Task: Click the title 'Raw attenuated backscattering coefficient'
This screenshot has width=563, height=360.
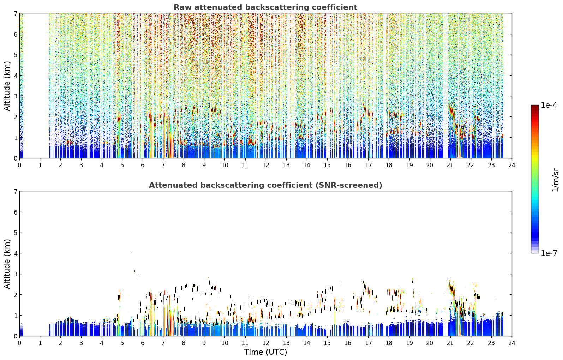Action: [265, 7]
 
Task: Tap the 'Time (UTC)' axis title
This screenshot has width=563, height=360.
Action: [265, 352]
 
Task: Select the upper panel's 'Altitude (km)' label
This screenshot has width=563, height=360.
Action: [7, 86]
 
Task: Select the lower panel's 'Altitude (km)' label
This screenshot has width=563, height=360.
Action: [7, 264]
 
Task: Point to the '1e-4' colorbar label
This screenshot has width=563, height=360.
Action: [549, 105]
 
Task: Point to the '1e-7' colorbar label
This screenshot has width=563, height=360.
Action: [549, 253]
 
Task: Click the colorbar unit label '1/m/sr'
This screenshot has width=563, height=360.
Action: [555, 180]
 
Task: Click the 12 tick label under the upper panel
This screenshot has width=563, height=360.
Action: [266, 165]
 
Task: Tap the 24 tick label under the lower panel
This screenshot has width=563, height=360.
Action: [512, 343]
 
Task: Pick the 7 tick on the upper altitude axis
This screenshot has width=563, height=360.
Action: [15, 13]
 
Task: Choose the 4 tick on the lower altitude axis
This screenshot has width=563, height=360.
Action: [15, 253]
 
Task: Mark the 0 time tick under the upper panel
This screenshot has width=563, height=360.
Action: [20, 165]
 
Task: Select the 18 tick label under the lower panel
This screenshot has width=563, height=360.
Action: [389, 343]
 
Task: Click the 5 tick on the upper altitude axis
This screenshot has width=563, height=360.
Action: [15, 55]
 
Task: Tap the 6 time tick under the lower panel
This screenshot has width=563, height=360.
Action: [143, 343]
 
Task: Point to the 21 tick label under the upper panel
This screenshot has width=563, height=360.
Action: [450, 165]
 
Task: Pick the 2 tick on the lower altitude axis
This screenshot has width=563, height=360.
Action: [15, 295]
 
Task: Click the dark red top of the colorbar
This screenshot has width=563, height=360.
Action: [535, 107]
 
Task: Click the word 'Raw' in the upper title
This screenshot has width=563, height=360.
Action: [183, 7]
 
